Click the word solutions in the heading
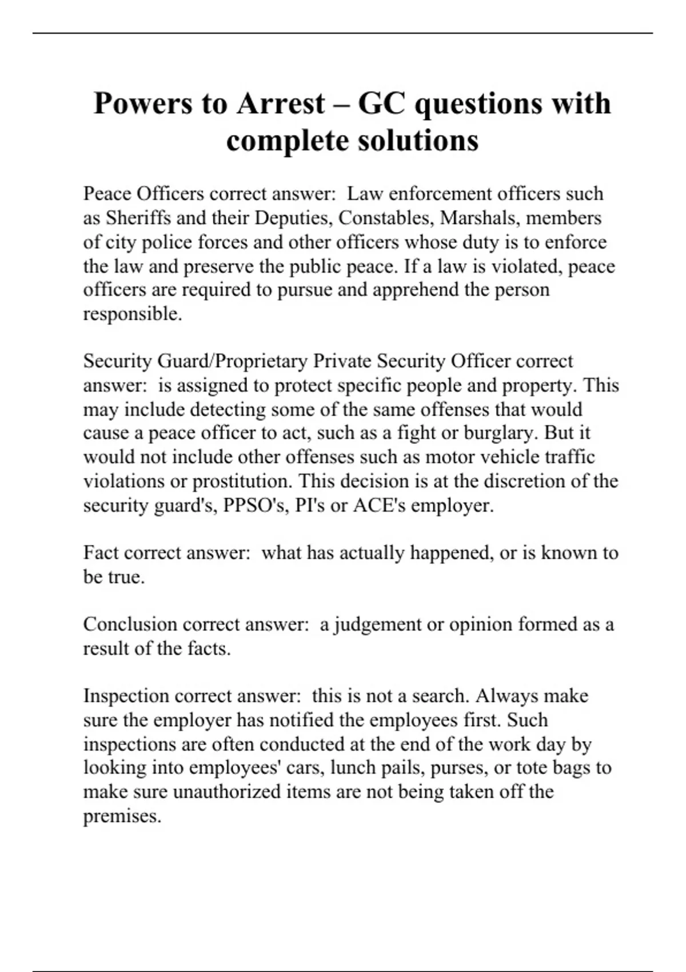click(x=418, y=141)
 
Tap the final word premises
click(x=122, y=816)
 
